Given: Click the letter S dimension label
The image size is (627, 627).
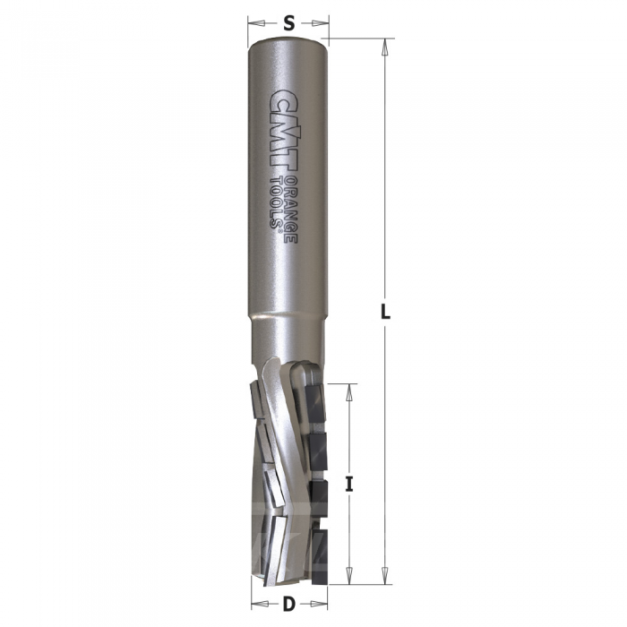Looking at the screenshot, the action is pyautogui.click(x=288, y=23).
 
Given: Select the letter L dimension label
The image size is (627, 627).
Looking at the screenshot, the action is pyautogui.click(x=385, y=311).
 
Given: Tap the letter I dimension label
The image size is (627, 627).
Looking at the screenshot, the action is pyautogui.click(x=349, y=485).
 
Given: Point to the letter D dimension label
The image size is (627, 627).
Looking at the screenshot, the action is pyautogui.click(x=288, y=604).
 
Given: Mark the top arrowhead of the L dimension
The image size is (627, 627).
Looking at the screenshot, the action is pyautogui.click(x=385, y=47).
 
